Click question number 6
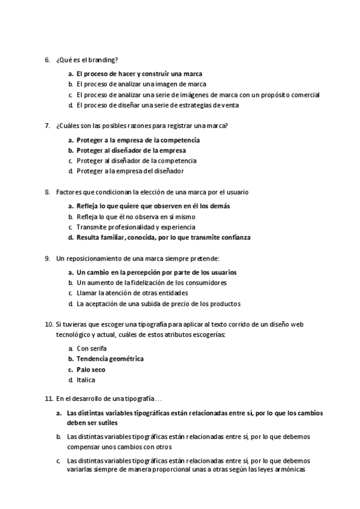(x=47, y=59)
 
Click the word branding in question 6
(x=103, y=59)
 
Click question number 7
(x=47, y=126)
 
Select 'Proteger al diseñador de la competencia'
(x=136, y=160)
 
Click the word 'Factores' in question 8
(x=68, y=192)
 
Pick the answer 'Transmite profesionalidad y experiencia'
(x=136, y=227)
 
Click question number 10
(x=49, y=325)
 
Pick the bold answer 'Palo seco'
(x=91, y=370)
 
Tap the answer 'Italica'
(x=86, y=380)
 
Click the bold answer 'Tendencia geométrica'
(x=110, y=359)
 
